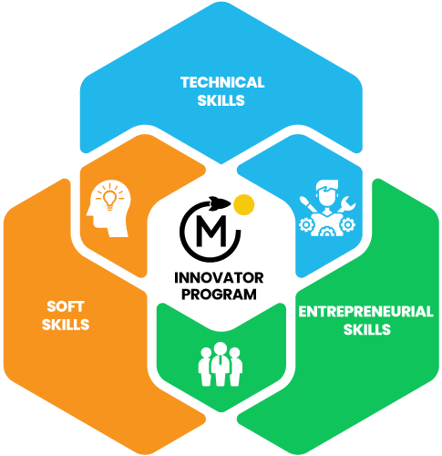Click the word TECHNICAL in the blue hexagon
(222, 82)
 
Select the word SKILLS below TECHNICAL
(221, 100)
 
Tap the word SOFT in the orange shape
(66, 306)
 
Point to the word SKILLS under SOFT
(66, 325)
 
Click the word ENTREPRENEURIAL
(366, 312)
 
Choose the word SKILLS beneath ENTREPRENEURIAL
(367, 329)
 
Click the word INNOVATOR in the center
(219, 278)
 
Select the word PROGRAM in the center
(219, 295)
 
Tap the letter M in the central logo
(211, 231)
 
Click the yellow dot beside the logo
(244, 204)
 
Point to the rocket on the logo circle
(220, 202)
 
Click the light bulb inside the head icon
(109, 200)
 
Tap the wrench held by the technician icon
(346, 204)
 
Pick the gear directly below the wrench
(347, 225)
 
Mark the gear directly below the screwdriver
(306, 225)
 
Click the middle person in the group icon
(221, 364)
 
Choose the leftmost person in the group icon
(205, 367)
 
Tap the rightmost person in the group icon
(235, 367)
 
